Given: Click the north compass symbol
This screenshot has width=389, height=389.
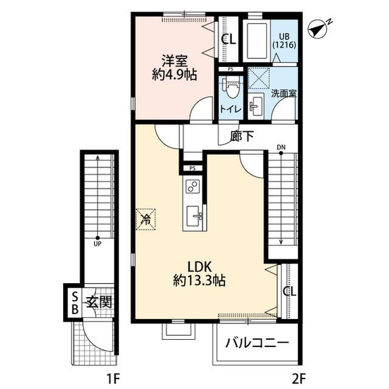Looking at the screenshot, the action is click(318, 30).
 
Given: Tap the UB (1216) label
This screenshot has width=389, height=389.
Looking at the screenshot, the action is click(284, 41).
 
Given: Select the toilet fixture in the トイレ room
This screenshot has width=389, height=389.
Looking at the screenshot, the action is click(231, 89).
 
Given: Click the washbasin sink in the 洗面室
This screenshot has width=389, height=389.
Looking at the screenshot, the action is click(256, 106).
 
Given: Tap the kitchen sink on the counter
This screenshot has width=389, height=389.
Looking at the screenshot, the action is click(194, 216).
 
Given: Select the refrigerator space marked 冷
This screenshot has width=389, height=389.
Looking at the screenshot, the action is click(146, 219).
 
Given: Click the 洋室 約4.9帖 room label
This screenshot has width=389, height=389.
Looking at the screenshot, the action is click(174, 68).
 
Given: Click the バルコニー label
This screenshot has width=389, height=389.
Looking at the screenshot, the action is click(257, 343).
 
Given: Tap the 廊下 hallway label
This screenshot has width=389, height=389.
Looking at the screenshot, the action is click(241, 136).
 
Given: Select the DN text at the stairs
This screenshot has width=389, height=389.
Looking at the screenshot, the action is click(281, 147).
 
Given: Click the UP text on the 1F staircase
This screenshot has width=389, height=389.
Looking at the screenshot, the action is click(97, 244).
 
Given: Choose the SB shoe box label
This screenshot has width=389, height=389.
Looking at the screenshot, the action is click(75, 303).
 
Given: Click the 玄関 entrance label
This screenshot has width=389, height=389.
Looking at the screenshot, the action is click(99, 303).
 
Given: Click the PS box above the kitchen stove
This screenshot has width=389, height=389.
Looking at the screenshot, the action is click(193, 169).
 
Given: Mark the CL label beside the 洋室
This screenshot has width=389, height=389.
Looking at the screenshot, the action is click(229, 40).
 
